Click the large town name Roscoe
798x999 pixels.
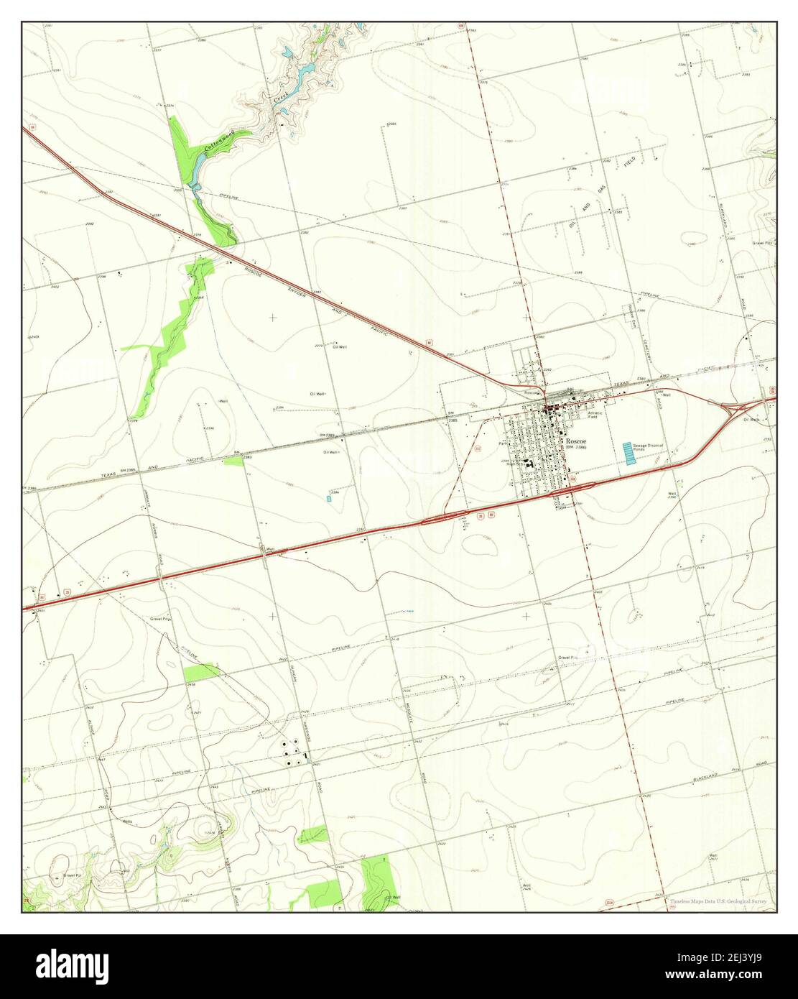point(577,440)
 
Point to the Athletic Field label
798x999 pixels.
point(597,415)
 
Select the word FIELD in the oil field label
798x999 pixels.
point(629,163)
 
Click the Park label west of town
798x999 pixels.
point(502,443)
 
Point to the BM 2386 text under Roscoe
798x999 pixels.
point(576,448)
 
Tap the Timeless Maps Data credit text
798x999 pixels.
point(718,901)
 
